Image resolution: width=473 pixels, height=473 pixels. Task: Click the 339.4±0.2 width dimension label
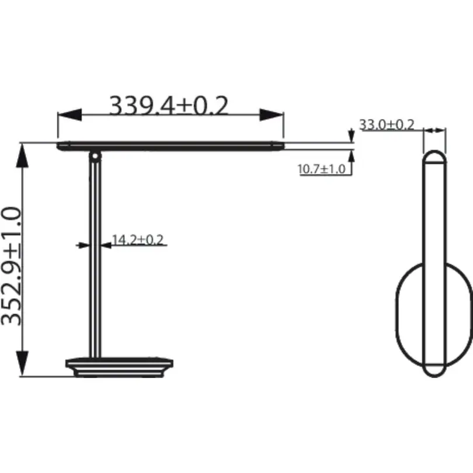[168, 105]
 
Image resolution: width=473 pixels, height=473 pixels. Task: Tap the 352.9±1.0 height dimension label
[12, 266]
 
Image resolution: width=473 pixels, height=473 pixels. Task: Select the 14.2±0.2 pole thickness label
[138, 240]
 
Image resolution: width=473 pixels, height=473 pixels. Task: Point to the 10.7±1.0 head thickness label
[321, 169]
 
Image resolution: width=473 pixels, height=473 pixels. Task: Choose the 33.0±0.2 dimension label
[387, 124]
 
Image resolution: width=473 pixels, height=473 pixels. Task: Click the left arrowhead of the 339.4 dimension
[69, 115]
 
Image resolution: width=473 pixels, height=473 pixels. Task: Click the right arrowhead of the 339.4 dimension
[272, 115]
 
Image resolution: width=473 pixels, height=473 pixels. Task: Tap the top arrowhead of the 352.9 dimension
[22, 155]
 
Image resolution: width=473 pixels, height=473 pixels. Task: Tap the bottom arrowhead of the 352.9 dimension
[22, 363]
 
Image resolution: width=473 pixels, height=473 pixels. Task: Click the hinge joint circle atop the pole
[95, 156]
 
